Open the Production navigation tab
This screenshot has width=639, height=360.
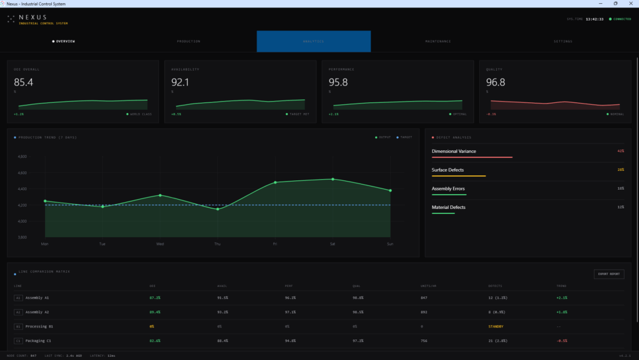coord(188,41)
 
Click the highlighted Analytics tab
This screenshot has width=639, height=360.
coord(313,41)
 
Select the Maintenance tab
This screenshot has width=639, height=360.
coord(438,41)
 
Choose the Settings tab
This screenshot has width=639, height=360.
coord(563,41)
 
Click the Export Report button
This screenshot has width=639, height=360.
coord(608,274)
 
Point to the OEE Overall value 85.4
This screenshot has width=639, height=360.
coord(24,82)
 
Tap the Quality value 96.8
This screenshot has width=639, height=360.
coord(496,82)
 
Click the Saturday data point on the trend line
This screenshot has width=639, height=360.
coord(333,179)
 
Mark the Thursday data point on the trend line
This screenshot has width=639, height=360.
coord(217,209)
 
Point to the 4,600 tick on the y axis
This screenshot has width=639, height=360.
coord(22,173)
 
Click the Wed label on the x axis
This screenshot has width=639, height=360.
coord(160,244)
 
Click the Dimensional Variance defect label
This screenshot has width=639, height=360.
coord(454,151)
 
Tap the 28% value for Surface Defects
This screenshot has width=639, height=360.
coord(620,170)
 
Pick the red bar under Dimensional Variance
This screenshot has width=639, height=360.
coord(472,157)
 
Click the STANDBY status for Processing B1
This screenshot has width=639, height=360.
coord(495,326)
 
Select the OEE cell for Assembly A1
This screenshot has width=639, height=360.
coord(155,298)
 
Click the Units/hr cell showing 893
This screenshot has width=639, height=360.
coord(424,312)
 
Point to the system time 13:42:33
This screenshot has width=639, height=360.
coord(595,19)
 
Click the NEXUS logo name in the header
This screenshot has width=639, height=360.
coord(33,17)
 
